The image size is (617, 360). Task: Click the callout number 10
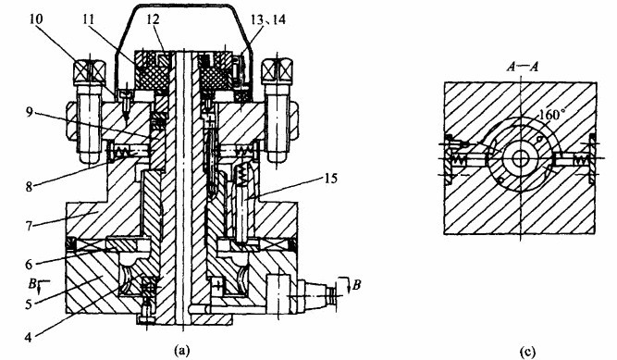pyautogui.click(x=36, y=19)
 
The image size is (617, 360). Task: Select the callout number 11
pyautogui.click(x=90, y=19)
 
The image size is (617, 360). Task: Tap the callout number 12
pyautogui.click(x=153, y=19)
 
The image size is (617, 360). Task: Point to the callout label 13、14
pyautogui.click(x=269, y=19)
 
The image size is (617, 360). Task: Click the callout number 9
pyautogui.click(x=29, y=113)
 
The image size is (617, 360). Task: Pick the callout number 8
pyautogui.click(x=29, y=186)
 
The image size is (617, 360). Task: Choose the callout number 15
pyautogui.click(x=330, y=179)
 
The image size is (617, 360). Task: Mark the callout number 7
pyautogui.click(x=29, y=225)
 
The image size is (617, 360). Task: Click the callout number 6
pyautogui.click(x=29, y=264)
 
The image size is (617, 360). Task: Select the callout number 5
pyautogui.click(x=29, y=304)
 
